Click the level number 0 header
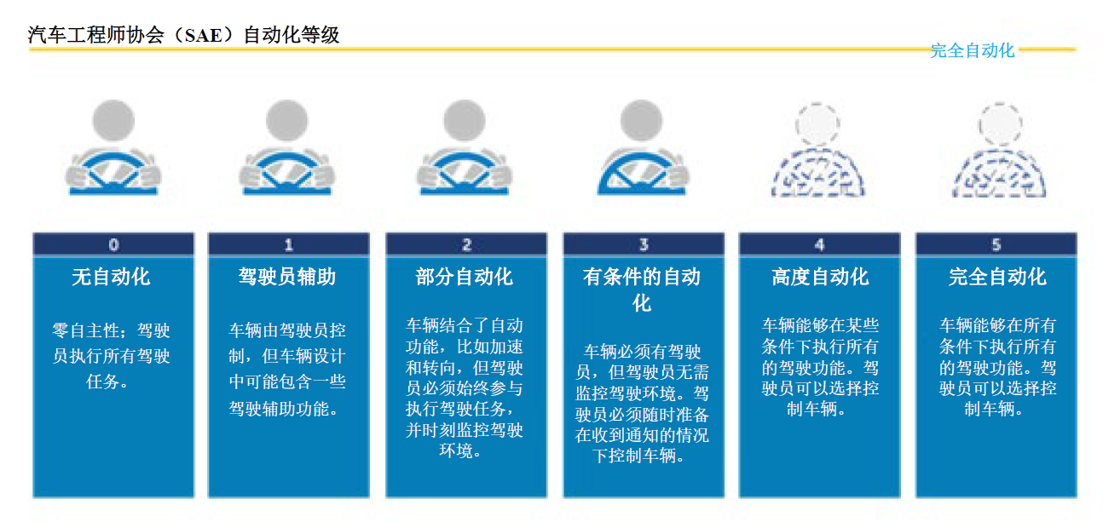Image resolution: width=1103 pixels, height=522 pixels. click(113, 244)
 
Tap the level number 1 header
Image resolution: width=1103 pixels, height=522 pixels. click(289, 244)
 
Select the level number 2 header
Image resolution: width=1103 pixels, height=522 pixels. click(466, 244)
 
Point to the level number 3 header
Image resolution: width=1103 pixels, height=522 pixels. click(644, 244)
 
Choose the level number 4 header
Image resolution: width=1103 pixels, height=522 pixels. click(819, 244)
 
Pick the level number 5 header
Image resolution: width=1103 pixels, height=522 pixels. click(996, 244)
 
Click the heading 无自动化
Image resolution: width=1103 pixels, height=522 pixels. click(111, 277)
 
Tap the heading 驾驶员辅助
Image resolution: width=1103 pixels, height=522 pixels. click(287, 277)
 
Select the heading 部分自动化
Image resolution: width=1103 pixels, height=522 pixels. click(465, 277)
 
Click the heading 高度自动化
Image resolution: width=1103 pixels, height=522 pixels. click(820, 277)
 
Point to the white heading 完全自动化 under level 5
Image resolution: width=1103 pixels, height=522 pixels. click(997, 277)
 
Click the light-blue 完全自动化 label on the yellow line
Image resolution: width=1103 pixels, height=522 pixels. click(973, 50)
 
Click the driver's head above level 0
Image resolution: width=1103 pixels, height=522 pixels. click(113, 121)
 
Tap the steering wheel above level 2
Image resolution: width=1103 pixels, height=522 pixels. click(465, 173)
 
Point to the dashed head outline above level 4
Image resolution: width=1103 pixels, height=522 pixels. click(817, 124)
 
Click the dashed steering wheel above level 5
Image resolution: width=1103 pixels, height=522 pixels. click(1000, 172)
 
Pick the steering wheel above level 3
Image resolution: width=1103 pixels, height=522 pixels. click(641, 173)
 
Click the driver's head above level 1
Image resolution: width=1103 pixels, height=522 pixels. click(287, 121)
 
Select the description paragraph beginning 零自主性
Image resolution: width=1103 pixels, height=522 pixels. click(112, 355)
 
